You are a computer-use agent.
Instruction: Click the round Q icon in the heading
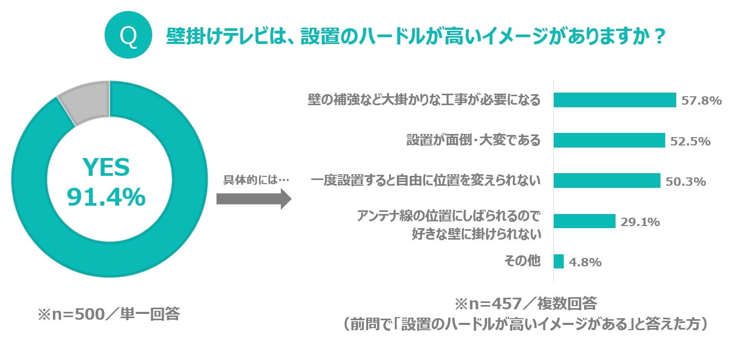(128, 36)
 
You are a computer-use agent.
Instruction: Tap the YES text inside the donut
(106, 168)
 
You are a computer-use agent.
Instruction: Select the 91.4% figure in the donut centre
(106, 197)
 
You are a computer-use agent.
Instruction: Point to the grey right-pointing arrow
(254, 198)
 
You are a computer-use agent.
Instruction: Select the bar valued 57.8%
(614, 100)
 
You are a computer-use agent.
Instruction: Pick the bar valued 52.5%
(609, 140)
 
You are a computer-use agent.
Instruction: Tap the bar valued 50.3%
(607, 181)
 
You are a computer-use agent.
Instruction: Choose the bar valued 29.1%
(584, 221)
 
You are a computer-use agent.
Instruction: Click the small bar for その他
(559, 261)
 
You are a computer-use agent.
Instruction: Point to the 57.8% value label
(701, 100)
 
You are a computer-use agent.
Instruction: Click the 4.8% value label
(585, 262)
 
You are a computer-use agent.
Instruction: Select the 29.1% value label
(640, 222)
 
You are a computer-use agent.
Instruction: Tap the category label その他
(522, 261)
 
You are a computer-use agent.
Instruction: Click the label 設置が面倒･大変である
(473, 140)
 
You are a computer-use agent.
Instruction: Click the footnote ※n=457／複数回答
(525, 303)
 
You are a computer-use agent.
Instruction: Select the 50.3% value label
(686, 182)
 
